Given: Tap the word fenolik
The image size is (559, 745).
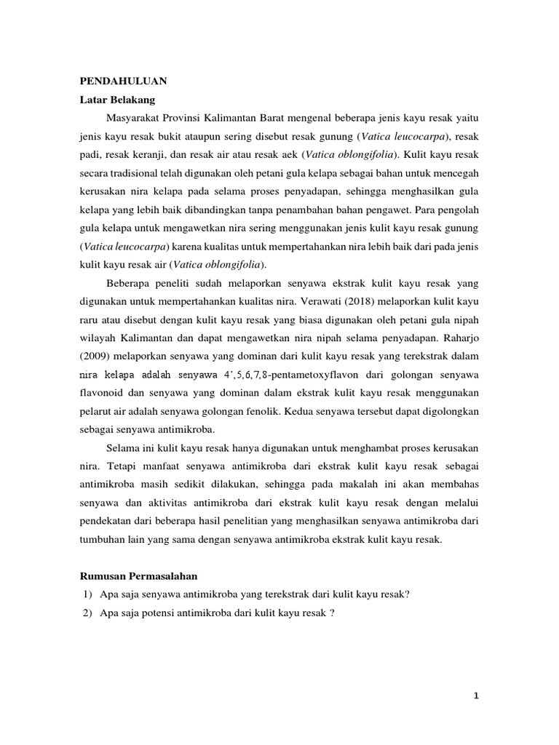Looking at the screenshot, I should click(268, 413).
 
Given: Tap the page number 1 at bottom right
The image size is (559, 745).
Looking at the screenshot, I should click(475, 696).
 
